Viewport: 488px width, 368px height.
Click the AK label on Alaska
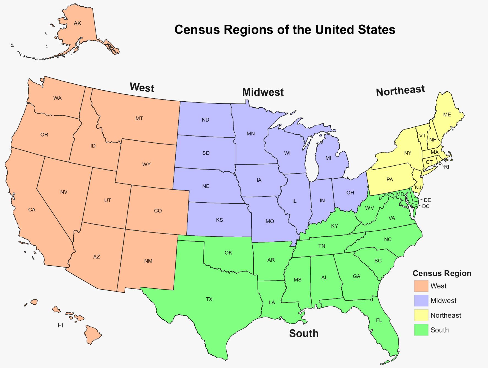77,23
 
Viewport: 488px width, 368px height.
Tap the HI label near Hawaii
61,325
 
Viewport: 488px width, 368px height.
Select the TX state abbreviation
209,299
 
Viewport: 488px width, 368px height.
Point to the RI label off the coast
446,167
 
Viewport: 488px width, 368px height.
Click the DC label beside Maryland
426,206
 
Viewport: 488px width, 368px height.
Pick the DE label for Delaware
427,200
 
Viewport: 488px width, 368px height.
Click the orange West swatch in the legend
421,286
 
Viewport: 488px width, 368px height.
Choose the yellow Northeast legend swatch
421,315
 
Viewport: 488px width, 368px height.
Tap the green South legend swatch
421,330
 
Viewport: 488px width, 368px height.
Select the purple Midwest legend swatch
421,301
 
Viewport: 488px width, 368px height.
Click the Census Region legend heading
442,273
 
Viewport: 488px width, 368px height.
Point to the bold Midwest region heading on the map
263,92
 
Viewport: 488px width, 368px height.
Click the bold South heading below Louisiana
304,333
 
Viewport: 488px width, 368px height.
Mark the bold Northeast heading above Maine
400,91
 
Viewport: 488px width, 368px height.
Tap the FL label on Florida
379,320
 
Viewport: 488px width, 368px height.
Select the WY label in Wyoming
146,165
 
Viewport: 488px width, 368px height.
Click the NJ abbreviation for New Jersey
418,188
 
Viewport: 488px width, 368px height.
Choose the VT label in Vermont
422,136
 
